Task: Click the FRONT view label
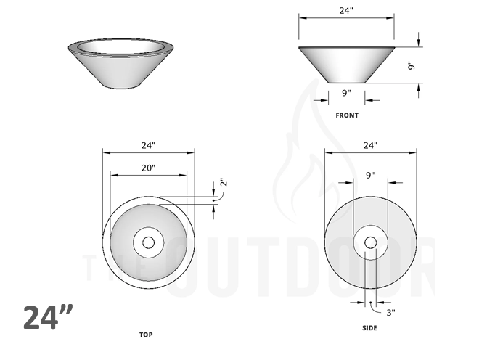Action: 346,115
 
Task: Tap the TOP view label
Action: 146,335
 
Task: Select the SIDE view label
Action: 369,328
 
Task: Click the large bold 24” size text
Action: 49,318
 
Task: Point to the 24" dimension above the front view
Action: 346,11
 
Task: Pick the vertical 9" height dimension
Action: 411,65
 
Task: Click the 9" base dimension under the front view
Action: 346,93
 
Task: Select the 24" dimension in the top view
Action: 148,145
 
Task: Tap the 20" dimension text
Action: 148,168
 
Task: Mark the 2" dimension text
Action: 223,184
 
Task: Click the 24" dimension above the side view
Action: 370,145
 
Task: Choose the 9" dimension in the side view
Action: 369,175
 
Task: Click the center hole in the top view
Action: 149,242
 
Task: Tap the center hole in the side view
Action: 370,242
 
